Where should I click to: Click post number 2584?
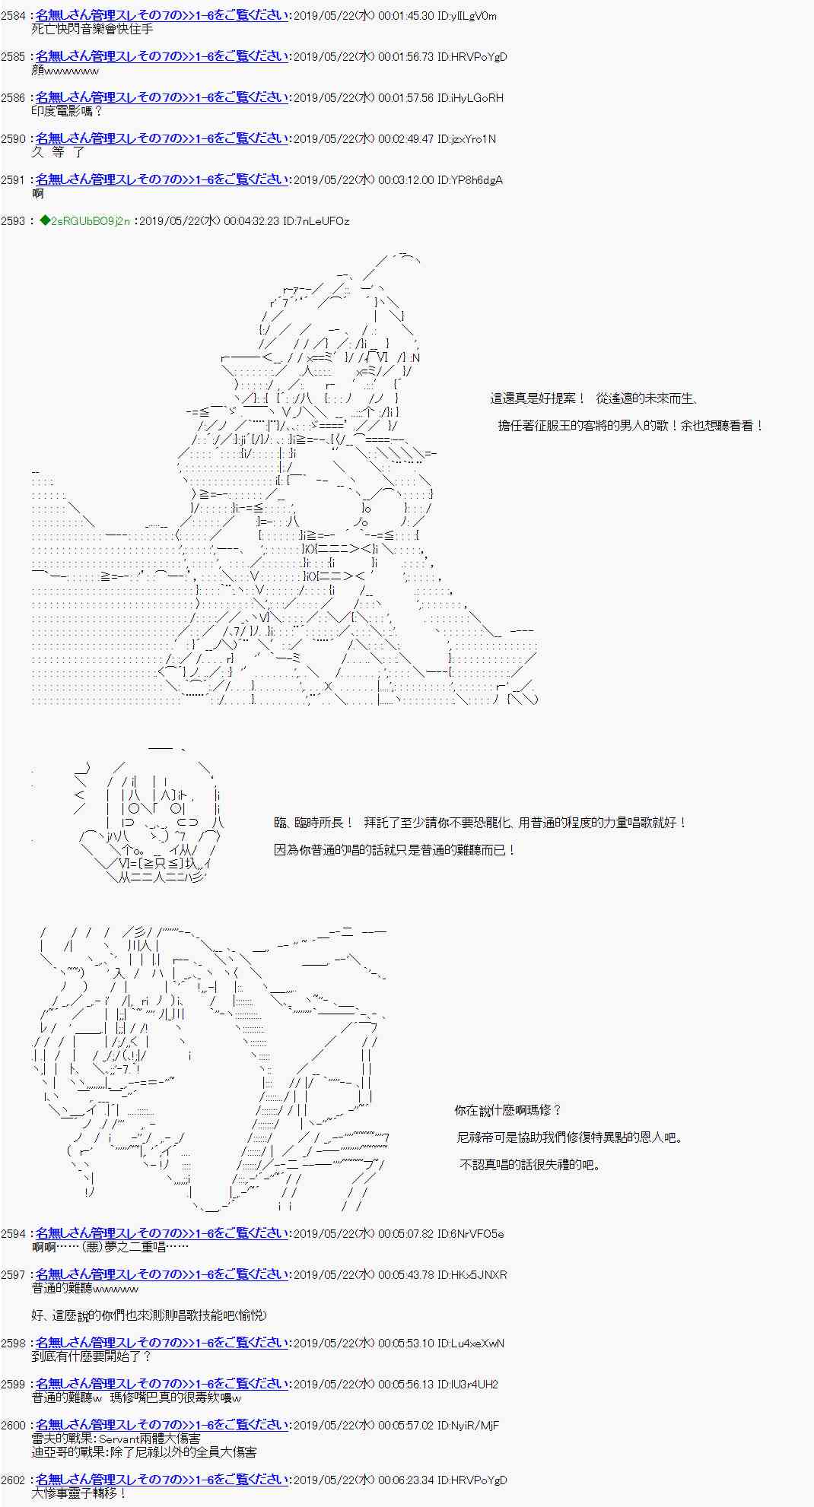pos(14,16)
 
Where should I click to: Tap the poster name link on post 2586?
pos(162,97)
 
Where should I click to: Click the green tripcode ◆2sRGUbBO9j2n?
pos(86,221)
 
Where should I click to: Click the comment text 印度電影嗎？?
pos(67,111)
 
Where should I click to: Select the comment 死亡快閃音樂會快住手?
pos(92,29)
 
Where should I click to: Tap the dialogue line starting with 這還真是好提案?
pos(593,398)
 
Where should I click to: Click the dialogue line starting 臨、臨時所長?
pos(480,823)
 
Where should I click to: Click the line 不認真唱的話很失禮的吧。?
pos(530,1165)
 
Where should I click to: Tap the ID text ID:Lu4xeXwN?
pos(472,1344)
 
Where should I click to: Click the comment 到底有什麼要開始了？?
pos(92,1356)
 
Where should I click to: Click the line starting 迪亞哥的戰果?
pos(144,1452)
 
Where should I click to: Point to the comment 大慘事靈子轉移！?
pos(79,1493)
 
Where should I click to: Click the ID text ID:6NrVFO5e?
pos(472,1234)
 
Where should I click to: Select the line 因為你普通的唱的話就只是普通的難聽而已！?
pos(395,850)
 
